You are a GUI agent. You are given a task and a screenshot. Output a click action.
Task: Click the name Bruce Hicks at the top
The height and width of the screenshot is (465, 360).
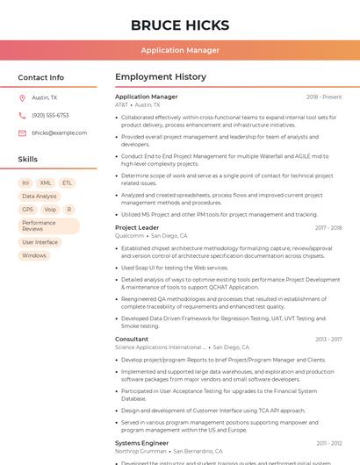[x=180, y=25]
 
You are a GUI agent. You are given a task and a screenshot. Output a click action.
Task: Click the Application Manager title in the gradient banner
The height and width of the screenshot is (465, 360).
[x=180, y=50]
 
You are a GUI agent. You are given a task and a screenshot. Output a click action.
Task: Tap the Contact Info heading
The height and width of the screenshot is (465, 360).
[x=41, y=77]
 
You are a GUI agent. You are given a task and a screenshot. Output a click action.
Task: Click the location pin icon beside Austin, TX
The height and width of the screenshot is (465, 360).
[x=22, y=98]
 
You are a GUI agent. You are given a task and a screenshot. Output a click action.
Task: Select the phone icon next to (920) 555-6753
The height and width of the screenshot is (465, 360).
[x=22, y=116]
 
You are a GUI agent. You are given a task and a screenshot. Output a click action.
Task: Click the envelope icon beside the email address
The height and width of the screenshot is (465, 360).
[x=22, y=133]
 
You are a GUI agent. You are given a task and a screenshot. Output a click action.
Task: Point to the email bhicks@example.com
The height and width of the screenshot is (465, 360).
[x=60, y=133]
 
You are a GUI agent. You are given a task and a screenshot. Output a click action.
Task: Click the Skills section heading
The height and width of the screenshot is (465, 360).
[x=28, y=160]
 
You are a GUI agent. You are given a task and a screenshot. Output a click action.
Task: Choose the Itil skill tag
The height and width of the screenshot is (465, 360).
[x=25, y=183]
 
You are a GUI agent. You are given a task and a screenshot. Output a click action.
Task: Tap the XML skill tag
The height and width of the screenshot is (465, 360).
[x=46, y=183]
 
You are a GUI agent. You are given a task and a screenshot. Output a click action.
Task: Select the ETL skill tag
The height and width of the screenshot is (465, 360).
[x=68, y=183]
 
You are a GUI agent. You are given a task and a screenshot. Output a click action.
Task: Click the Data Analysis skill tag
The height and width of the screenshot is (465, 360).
[x=40, y=197]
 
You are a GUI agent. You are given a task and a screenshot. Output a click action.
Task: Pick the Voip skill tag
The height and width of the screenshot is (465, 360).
[x=50, y=210]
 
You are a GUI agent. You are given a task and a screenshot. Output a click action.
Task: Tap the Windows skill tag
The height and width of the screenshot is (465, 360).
[x=34, y=256]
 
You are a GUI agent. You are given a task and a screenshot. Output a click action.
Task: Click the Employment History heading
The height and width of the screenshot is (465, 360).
[x=160, y=77]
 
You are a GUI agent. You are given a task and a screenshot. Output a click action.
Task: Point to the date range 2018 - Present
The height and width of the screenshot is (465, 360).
[x=324, y=97]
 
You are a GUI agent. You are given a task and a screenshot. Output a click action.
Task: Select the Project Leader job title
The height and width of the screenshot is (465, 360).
[x=137, y=228]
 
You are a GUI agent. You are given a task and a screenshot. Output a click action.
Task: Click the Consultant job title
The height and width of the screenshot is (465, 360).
[x=132, y=340]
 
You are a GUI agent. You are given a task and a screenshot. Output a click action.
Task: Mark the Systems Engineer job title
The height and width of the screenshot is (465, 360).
[x=141, y=444]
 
